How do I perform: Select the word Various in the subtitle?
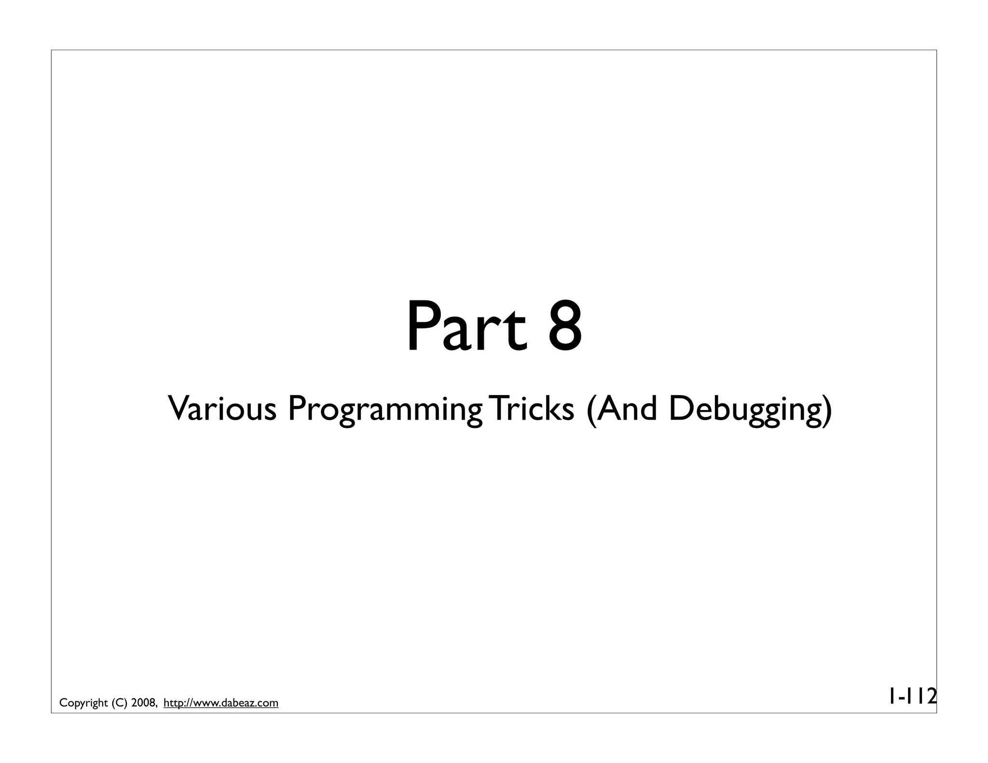point(222,409)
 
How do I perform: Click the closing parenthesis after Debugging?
point(827,410)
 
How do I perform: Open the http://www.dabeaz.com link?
point(221,703)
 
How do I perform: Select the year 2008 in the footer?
point(143,703)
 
